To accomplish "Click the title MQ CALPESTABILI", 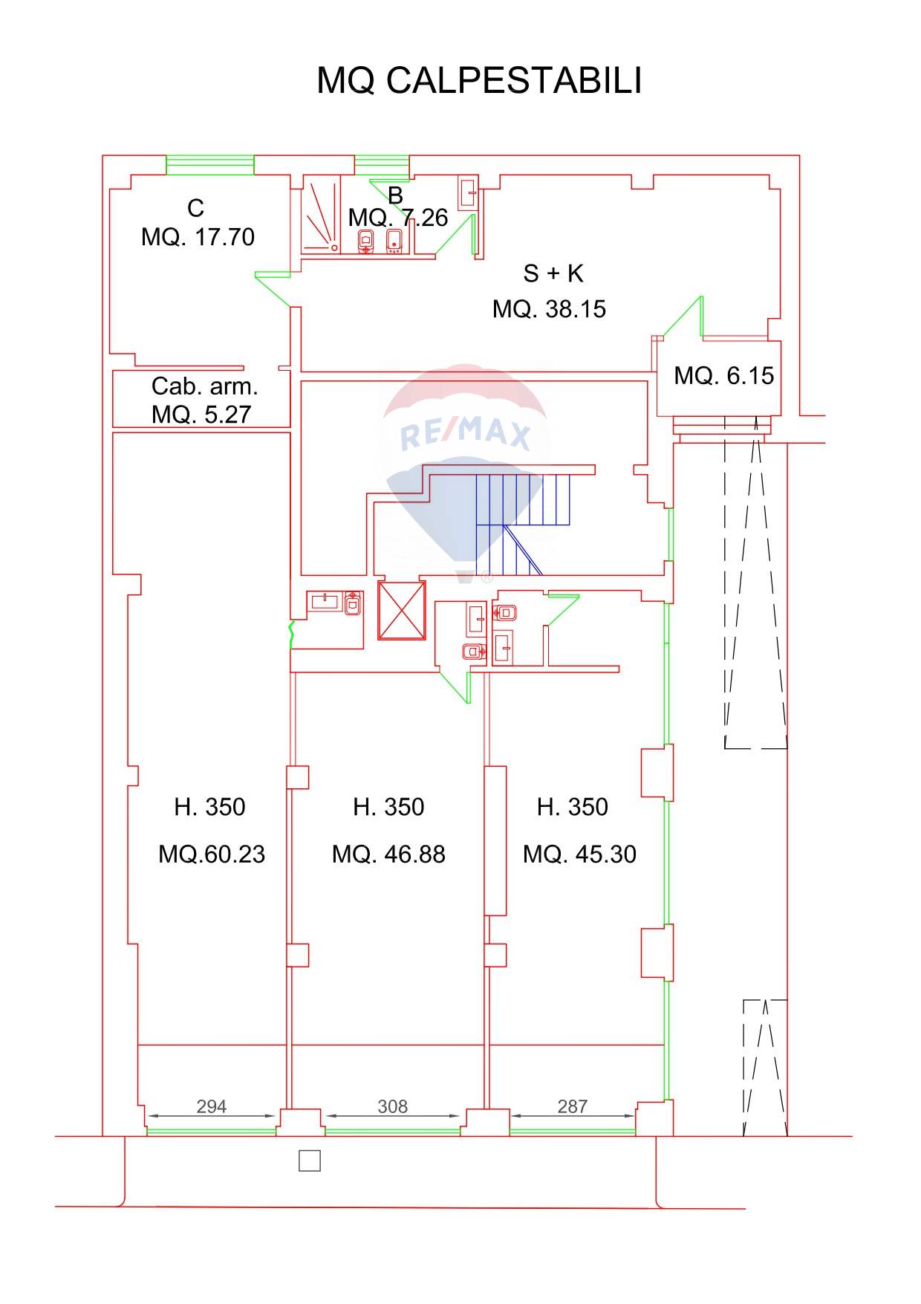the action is pos(479,80).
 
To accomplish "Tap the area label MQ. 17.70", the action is pos(198,237).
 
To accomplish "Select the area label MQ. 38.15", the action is pos(549,308).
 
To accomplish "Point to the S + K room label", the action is pos(553,273).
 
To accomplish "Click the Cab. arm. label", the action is pos(204,386).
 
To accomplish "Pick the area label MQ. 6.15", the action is pos(723,375).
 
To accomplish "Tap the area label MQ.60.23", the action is pos(212,854).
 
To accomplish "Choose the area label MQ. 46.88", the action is pos(388,854).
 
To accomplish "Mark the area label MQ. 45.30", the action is pos(579,854).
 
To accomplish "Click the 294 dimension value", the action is pos(211,1106).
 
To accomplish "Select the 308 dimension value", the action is pos(392,1106).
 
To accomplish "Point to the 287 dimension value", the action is pos(573,1106).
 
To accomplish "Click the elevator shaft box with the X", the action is pos(402,610).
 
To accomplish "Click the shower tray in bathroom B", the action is pos(321,215).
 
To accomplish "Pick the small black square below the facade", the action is pos(310,1161).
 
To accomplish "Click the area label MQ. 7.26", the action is pos(398,218).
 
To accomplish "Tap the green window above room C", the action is pos(210,165).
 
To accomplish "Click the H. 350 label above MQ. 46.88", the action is pos(388,806).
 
